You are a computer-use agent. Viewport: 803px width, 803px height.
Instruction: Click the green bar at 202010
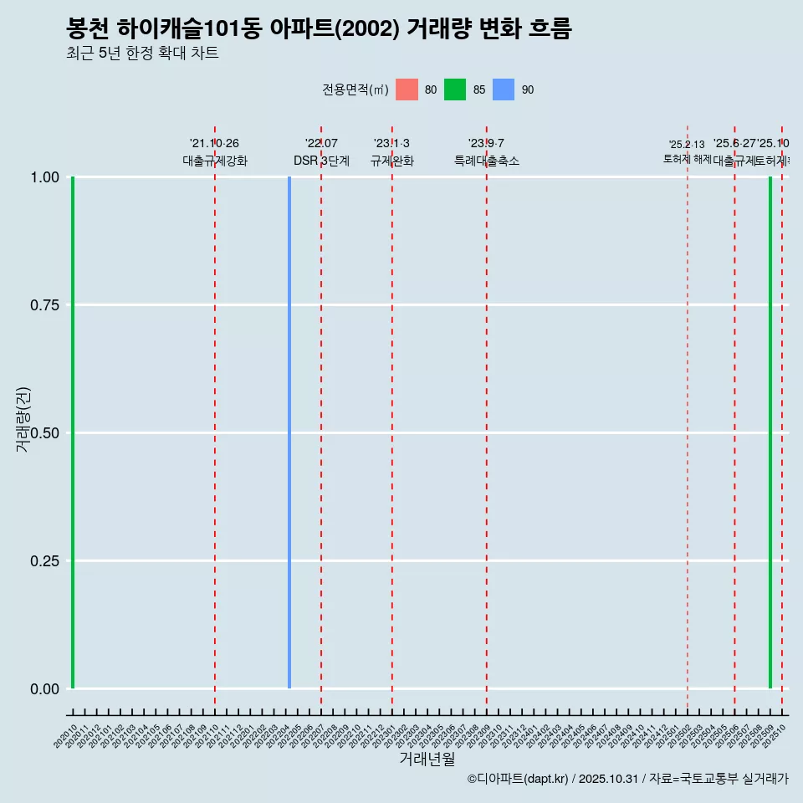pyautogui.click(x=73, y=432)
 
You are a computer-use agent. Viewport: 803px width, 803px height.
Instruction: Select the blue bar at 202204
pyautogui.click(x=289, y=432)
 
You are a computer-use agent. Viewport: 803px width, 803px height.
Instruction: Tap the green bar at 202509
pyautogui.click(x=770, y=432)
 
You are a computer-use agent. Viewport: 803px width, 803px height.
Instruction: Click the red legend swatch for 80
pyautogui.click(x=407, y=90)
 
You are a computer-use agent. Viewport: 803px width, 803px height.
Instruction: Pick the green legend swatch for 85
pyautogui.click(x=455, y=90)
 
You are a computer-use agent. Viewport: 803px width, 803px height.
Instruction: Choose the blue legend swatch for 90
pyautogui.click(x=504, y=90)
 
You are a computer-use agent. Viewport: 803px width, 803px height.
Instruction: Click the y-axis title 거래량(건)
pyautogui.click(x=23, y=419)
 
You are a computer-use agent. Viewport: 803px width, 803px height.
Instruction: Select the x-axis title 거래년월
pyautogui.click(x=427, y=760)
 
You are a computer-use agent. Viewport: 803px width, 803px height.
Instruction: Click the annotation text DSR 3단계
pyautogui.click(x=321, y=161)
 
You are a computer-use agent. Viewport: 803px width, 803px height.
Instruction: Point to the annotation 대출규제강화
pyautogui.click(x=215, y=161)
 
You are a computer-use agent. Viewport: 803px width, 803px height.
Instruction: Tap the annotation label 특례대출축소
pyautogui.click(x=487, y=161)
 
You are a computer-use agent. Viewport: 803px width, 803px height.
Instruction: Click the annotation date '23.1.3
pyautogui.click(x=391, y=144)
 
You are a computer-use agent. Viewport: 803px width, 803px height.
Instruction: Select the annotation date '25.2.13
pyautogui.click(x=687, y=145)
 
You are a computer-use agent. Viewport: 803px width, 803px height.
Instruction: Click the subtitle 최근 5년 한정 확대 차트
pyautogui.click(x=142, y=54)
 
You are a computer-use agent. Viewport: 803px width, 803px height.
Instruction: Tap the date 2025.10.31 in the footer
pyautogui.click(x=608, y=780)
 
